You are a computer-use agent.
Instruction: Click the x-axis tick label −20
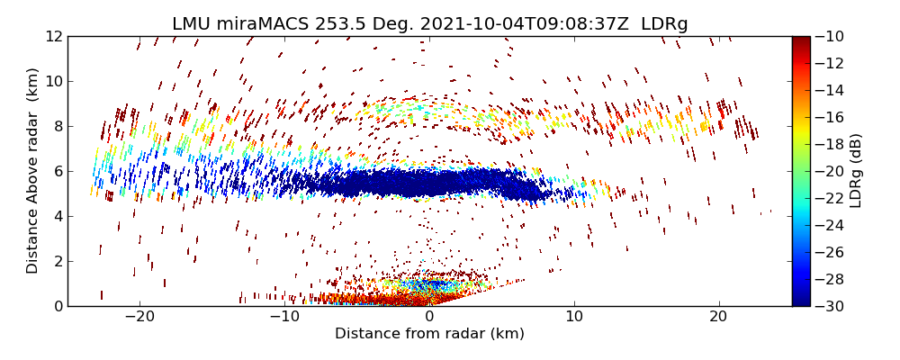click(x=139, y=317)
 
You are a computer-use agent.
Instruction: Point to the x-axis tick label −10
click(x=284, y=317)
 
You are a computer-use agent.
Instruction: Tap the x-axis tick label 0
click(x=429, y=317)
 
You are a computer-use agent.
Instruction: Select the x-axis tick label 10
click(x=574, y=317)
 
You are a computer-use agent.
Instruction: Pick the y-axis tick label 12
click(x=51, y=37)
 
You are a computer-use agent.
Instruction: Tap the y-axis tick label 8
click(x=55, y=126)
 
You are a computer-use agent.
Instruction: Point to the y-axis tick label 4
click(x=55, y=216)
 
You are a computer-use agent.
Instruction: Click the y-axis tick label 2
click(x=55, y=261)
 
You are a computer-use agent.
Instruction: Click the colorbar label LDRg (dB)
click(x=856, y=171)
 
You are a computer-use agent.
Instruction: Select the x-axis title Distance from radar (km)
click(x=429, y=334)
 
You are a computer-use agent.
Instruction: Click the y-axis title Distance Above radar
click(x=33, y=171)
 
